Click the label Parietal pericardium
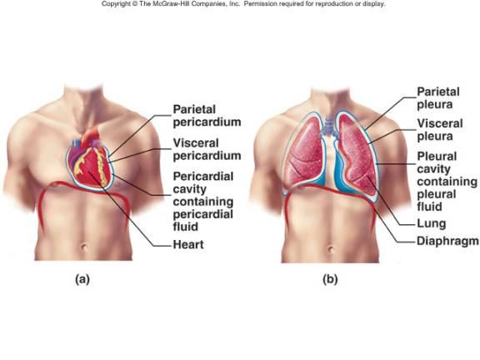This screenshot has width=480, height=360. [x=207, y=116]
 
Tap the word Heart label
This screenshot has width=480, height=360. [x=191, y=245]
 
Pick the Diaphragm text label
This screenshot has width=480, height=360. [x=448, y=241]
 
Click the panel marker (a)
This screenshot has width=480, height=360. [x=81, y=280]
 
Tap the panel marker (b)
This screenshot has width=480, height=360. [x=331, y=280]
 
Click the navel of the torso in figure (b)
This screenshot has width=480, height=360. [x=331, y=242]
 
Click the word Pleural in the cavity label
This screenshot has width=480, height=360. [x=438, y=158]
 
